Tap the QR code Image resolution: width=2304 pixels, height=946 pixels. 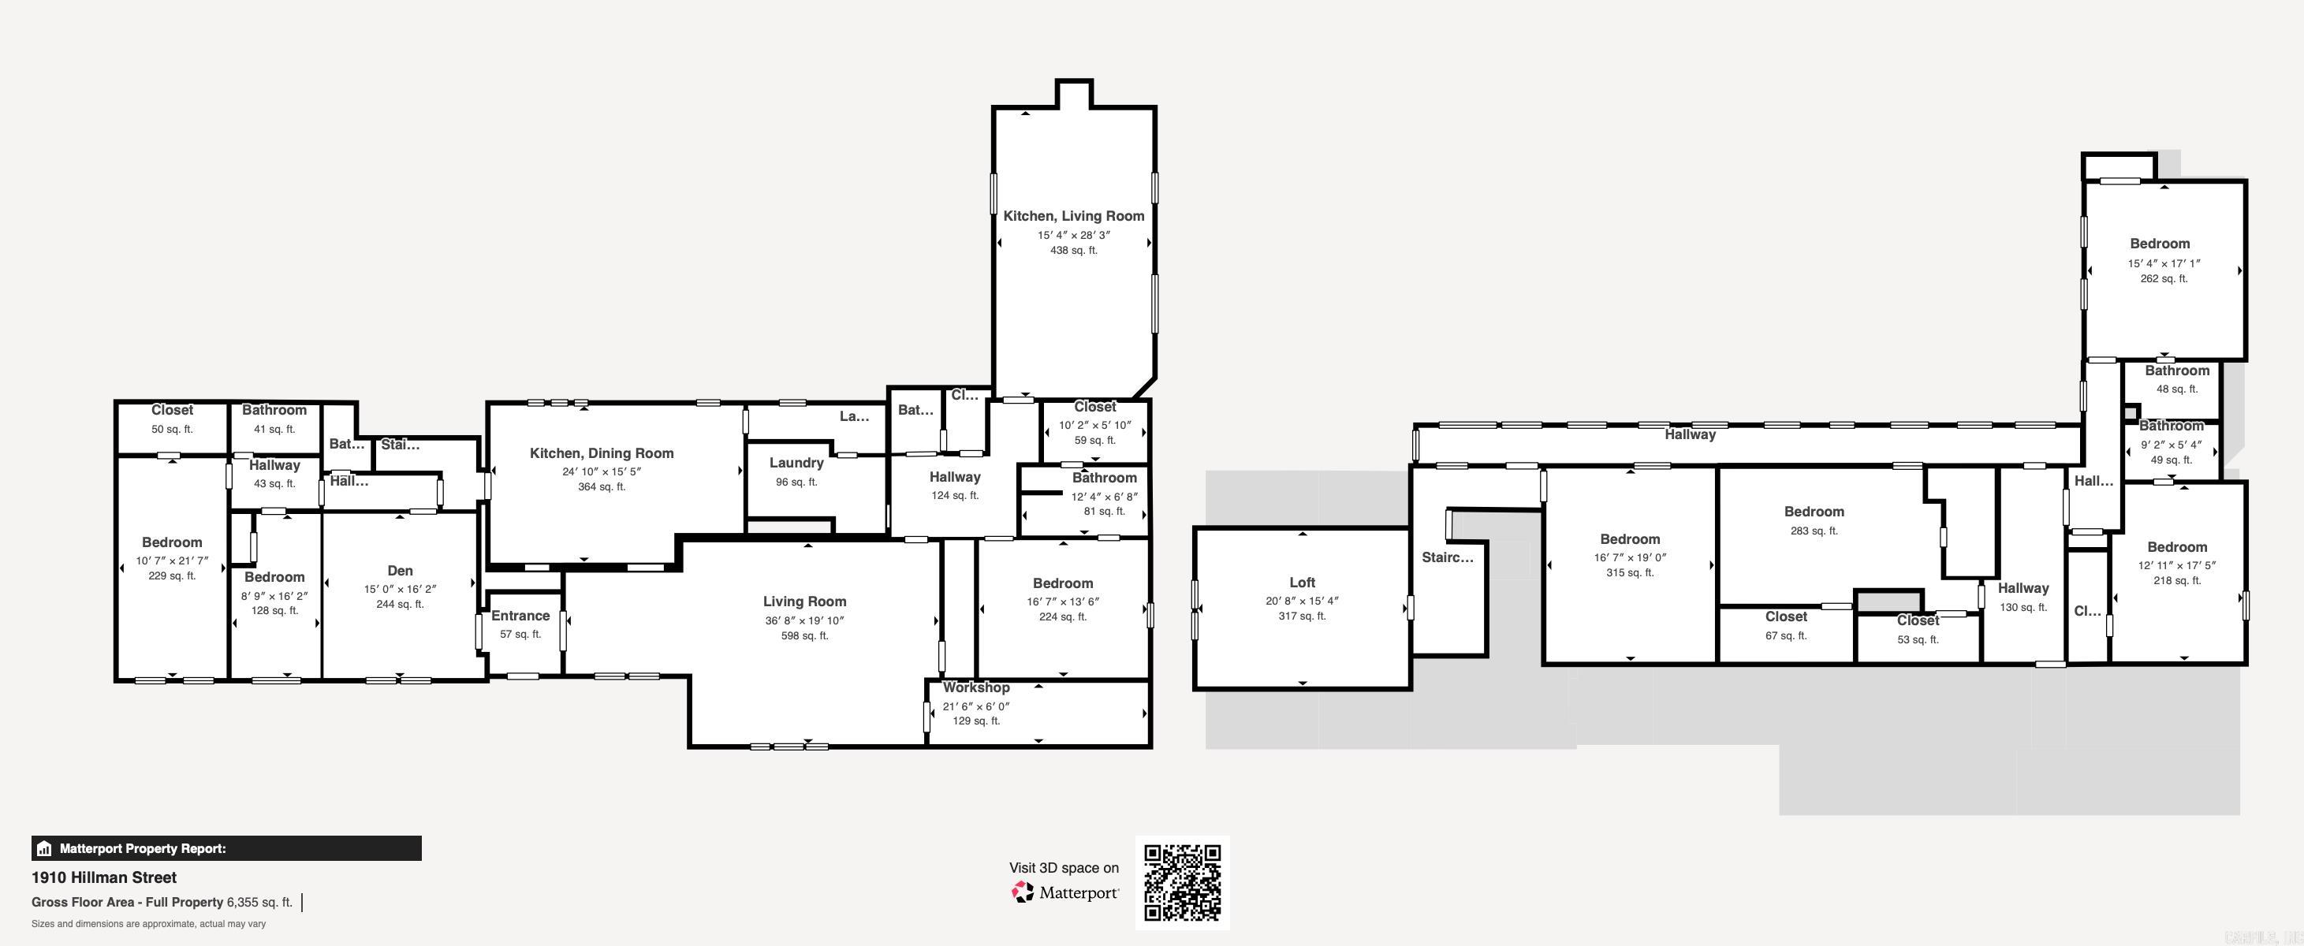pos(1183,882)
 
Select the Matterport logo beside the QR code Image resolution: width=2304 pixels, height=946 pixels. pos(1064,892)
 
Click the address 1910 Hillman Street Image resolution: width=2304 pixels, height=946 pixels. pos(104,877)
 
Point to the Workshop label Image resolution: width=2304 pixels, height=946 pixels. pos(976,687)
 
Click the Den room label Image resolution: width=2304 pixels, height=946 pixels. pos(400,571)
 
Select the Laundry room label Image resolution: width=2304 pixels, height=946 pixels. pos(796,462)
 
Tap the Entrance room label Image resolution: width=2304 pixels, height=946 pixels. pos(520,615)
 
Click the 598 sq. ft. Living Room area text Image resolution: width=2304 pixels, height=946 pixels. pos(804,635)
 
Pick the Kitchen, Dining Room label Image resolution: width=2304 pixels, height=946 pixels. pos(601,453)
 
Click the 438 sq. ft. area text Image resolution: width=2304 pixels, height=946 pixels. pos(1073,251)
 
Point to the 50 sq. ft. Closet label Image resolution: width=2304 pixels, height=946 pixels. pos(172,409)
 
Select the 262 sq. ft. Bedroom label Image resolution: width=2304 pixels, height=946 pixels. pos(2159,244)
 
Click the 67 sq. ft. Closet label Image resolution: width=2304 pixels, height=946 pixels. pos(1785,616)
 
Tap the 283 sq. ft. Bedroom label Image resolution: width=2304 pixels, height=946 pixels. pos(1813,512)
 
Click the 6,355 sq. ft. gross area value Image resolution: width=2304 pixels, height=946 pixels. pos(259,902)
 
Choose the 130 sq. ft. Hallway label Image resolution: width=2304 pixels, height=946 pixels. pos(2023,587)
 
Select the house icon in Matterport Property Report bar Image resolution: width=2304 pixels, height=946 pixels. pos(45,848)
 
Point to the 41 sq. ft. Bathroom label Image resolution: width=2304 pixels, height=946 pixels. pos(274,409)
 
